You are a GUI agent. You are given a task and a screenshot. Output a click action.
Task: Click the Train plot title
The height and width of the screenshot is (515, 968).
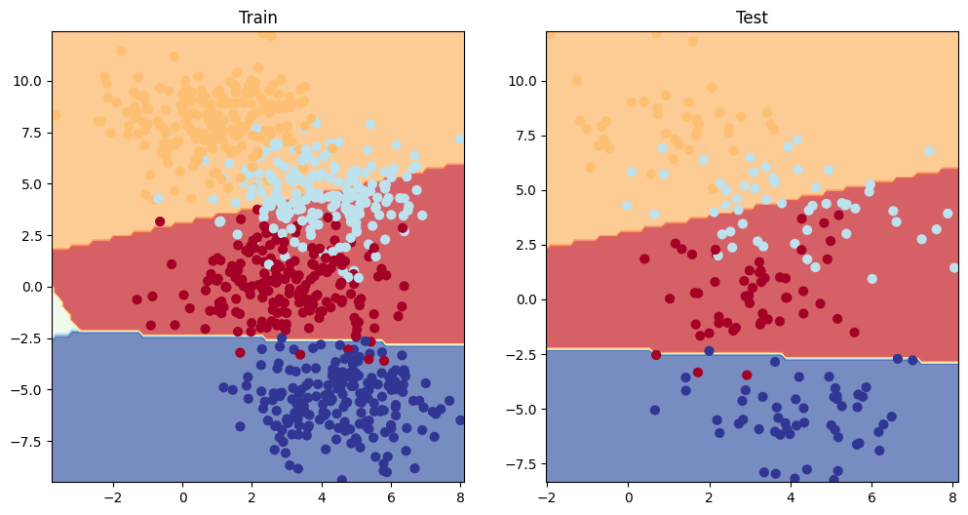click(258, 18)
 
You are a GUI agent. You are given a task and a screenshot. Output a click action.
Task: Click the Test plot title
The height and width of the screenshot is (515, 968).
click(752, 18)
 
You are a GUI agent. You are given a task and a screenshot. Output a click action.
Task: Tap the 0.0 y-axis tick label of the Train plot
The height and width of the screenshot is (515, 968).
click(33, 287)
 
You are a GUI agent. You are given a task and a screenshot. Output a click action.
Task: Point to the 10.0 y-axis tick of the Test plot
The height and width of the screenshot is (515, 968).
click(523, 81)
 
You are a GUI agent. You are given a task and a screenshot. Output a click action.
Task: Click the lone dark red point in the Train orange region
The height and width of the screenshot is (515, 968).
click(159, 221)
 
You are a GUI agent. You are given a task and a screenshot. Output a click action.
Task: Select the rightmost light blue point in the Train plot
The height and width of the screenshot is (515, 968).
click(459, 139)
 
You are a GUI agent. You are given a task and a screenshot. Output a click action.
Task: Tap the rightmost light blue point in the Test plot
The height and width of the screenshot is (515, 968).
click(954, 267)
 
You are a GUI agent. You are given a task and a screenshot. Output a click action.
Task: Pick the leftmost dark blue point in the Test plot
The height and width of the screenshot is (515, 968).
click(654, 410)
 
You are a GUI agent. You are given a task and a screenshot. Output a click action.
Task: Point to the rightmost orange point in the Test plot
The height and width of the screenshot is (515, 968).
click(928, 151)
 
